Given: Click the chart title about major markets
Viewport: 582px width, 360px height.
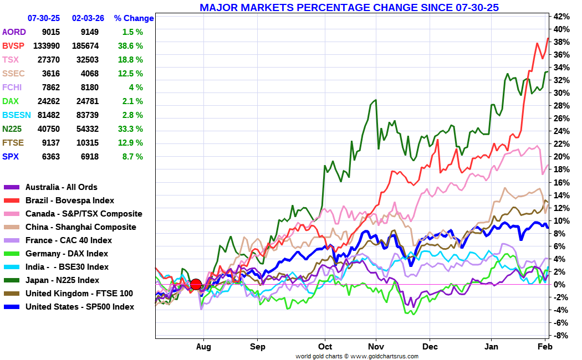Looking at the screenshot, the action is (x=349, y=7).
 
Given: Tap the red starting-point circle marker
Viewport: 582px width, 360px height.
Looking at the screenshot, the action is (x=196, y=285).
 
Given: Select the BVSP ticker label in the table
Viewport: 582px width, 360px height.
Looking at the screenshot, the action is (x=13, y=46).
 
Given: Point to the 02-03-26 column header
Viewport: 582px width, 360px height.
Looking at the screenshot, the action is (x=88, y=18).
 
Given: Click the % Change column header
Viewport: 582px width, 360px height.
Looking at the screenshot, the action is (x=134, y=18).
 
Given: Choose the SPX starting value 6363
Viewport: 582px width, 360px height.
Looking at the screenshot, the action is (x=51, y=157).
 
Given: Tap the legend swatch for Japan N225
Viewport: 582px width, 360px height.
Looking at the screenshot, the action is (x=12, y=280).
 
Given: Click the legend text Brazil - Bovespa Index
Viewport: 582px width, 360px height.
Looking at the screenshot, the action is (x=70, y=200).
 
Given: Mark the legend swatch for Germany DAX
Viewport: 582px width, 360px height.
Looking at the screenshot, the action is (x=12, y=254).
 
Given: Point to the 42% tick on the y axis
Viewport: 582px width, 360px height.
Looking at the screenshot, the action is (x=561, y=16).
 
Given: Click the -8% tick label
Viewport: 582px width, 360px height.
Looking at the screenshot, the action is (x=561, y=336).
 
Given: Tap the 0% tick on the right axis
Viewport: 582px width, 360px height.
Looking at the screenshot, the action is (x=561, y=284).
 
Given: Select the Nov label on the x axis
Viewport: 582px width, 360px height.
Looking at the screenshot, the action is (x=376, y=347).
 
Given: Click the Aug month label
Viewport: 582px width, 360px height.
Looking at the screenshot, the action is (x=203, y=347).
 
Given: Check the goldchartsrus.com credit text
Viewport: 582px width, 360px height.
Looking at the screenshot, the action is (x=357, y=356).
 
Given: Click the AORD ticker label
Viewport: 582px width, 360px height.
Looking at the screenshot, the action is (x=14, y=32).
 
